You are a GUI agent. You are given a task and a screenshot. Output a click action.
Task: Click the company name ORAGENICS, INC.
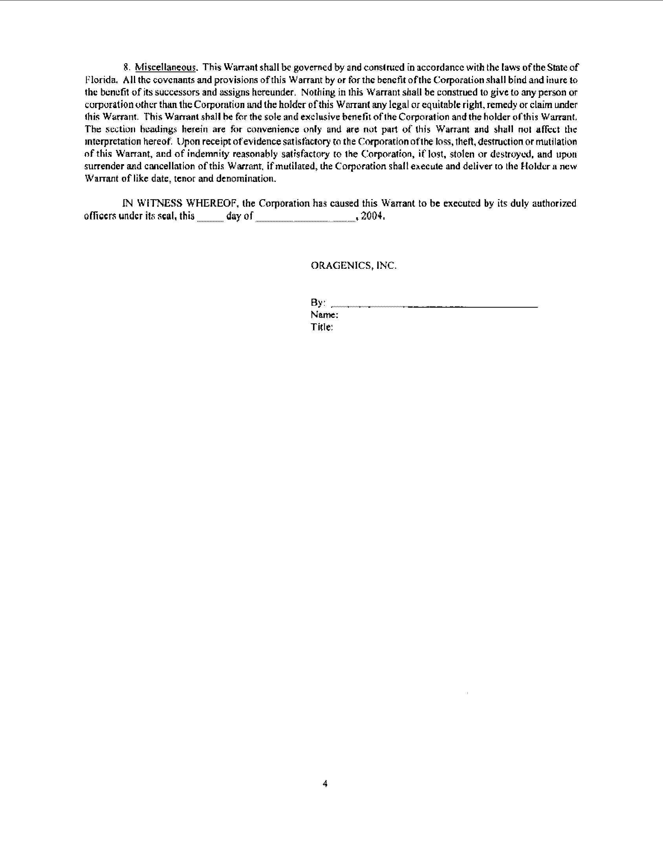tap(353, 266)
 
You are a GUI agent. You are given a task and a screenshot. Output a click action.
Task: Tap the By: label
tap(318, 303)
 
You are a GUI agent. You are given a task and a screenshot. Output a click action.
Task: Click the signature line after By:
tap(434, 306)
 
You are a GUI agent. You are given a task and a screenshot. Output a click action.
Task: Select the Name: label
tap(324, 315)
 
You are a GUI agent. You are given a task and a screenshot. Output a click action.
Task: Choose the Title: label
tap(322, 327)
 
